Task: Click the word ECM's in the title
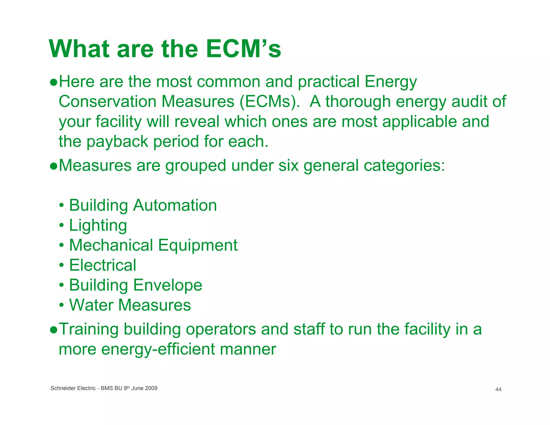click(243, 49)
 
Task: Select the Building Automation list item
click(143, 206)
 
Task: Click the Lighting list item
click(98, 225)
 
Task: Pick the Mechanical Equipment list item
click(153, 245)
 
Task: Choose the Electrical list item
click(103, 265)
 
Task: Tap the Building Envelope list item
click(136, 285)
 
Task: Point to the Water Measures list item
click(130, 305)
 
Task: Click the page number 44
click(498, 390)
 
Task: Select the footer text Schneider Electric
click(73, 388)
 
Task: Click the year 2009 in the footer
click(151, 388)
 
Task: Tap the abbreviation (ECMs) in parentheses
click(269, 102)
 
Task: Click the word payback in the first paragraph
click(117, 142)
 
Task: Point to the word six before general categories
click(288, 165)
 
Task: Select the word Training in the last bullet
click(89, 329)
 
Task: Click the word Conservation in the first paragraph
click(107, 102)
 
